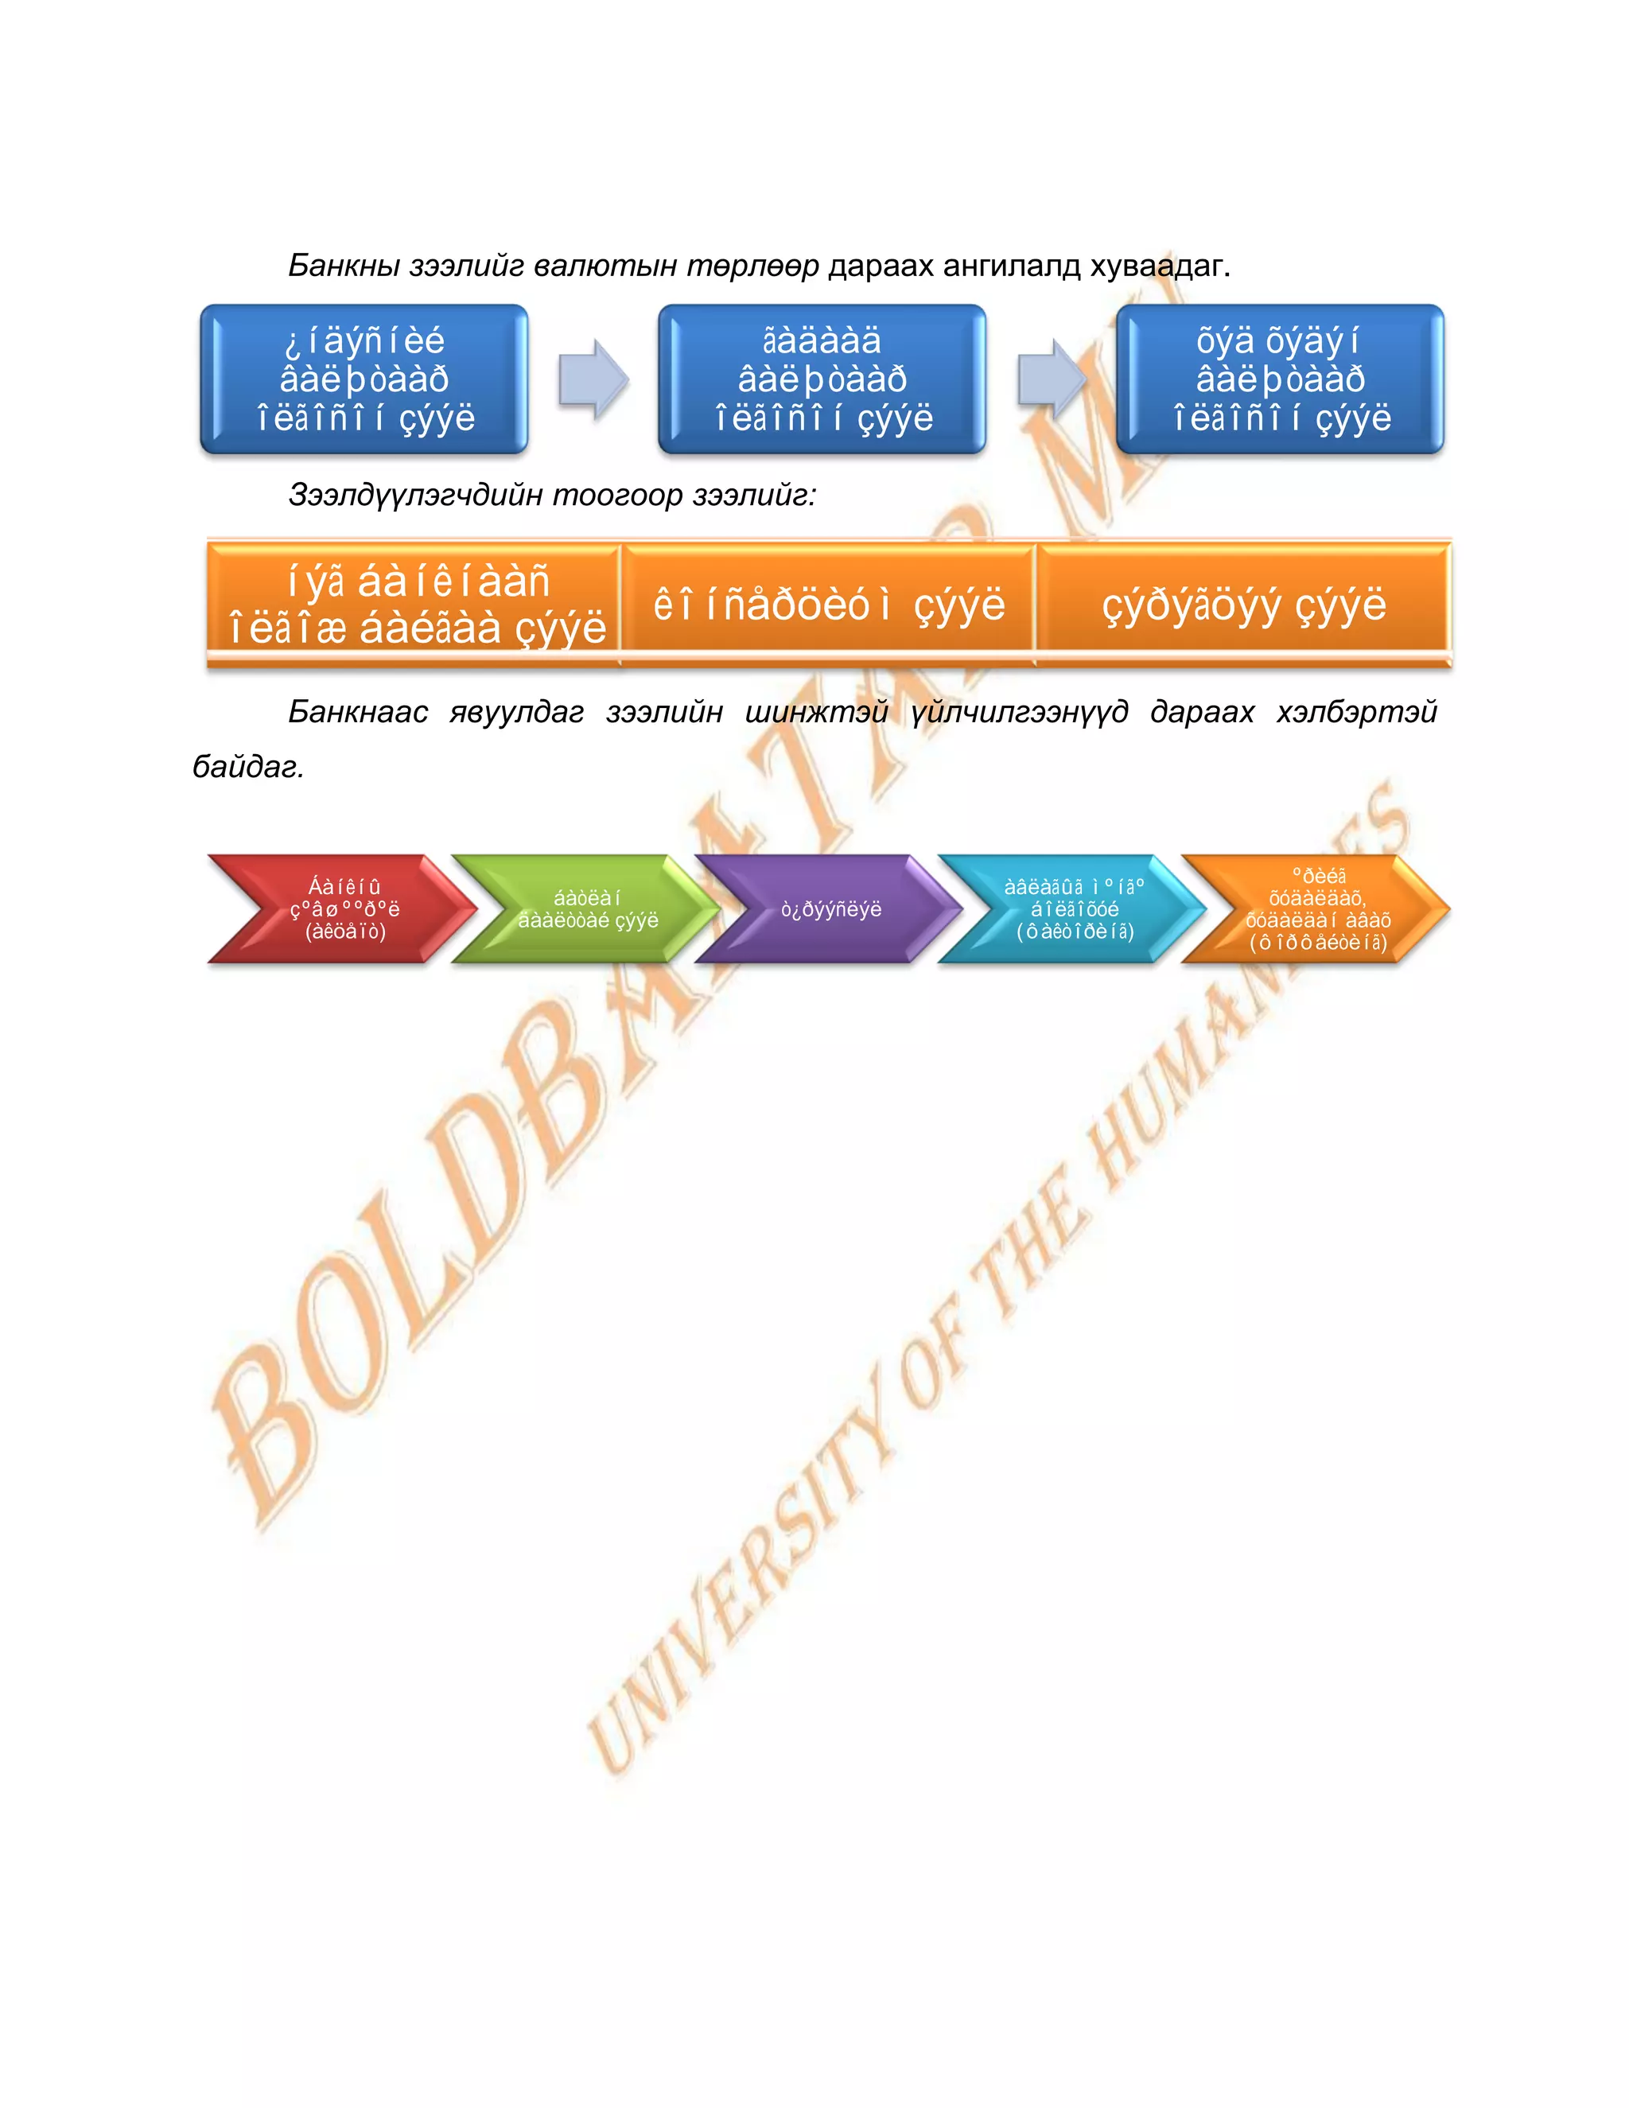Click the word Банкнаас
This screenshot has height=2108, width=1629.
358,712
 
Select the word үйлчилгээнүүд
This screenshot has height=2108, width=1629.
1019,712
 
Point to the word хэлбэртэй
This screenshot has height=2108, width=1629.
1356,712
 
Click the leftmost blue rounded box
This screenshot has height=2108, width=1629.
364,379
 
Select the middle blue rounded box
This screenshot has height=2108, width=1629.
821,379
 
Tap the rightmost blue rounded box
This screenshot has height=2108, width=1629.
1280,379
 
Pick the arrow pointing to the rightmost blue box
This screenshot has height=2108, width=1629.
1051,379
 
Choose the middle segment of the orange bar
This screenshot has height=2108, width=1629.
828,605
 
